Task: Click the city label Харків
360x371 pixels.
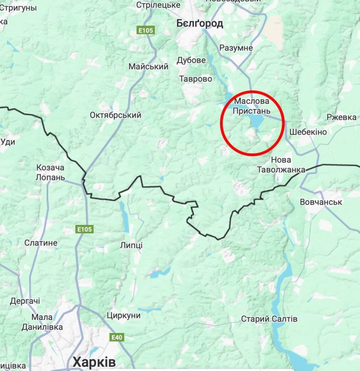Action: coord(94,362)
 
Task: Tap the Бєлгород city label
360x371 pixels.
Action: coord(199,23)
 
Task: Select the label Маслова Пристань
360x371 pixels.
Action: coord(252,106)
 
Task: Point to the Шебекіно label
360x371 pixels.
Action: coord(308,132)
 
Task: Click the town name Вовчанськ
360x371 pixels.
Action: coord(321,202)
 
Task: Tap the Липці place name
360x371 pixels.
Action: coord(131,245)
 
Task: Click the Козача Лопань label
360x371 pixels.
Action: coord(50,172)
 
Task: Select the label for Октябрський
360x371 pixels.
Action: coord(116,115)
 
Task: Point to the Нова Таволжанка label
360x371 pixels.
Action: coord(281,165)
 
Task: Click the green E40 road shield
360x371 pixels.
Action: coord(117,337)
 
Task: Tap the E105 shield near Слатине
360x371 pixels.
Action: coord(84,229)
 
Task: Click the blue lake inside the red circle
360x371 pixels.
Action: coord(256,122)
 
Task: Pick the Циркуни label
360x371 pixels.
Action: coord(123,315)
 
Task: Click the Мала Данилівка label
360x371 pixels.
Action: coord(42,322)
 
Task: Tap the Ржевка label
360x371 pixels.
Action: coord(341,117)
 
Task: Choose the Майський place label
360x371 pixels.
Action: coord(148,67)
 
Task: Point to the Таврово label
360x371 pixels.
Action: coord(196,79)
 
